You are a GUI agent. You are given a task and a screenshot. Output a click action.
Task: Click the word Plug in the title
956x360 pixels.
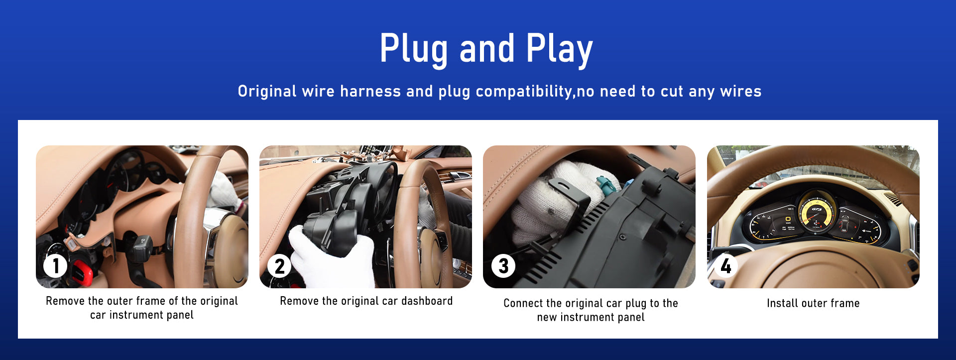(414, 49)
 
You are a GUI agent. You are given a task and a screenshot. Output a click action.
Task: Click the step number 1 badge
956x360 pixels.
(55, 266)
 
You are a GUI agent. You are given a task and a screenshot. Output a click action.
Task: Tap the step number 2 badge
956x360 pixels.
(279, 266)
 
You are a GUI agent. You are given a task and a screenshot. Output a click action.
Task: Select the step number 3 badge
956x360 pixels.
(503, 266)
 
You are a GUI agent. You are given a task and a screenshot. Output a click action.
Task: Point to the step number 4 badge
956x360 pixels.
(726, 266)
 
